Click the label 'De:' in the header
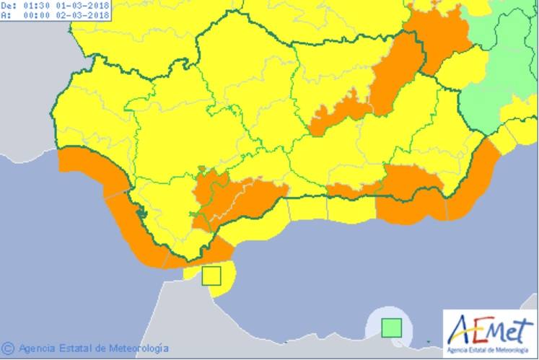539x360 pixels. pos(8,4)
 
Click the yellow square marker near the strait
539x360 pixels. pos(211,276)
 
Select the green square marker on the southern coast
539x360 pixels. pos(391,328)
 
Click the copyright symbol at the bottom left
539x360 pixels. pos(8,349)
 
